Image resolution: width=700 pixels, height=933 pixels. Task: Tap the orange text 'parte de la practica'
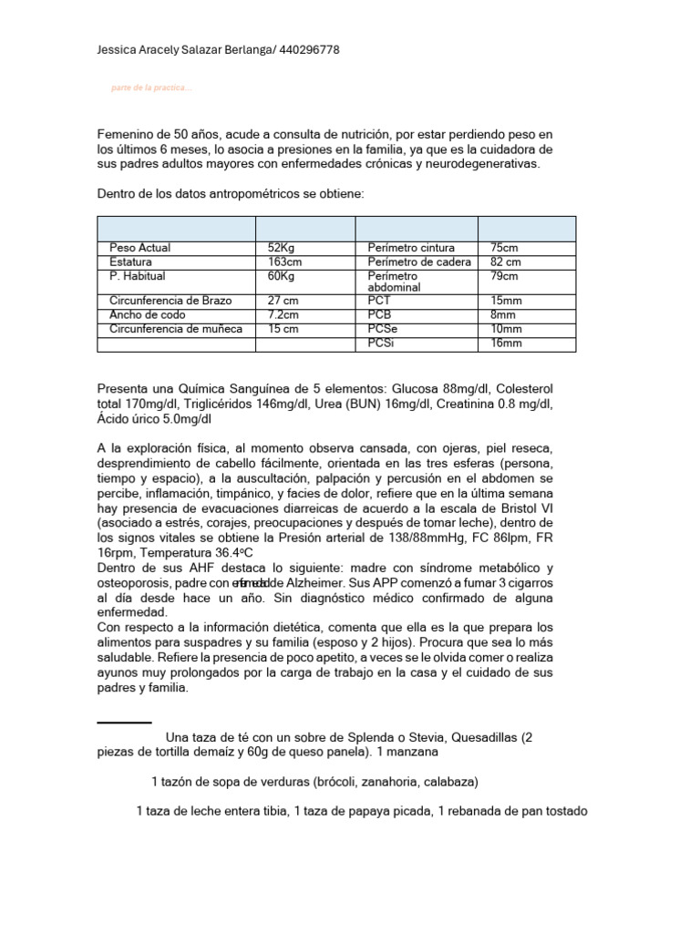point(150,88)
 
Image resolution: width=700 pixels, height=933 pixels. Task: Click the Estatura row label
point(131,261)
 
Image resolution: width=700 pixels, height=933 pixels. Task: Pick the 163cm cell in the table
point(285,261)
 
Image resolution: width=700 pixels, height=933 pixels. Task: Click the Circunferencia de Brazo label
point(170,300)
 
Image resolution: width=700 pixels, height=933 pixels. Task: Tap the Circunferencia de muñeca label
point(176,328)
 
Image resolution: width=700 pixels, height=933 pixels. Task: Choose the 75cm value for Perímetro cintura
point(504,248)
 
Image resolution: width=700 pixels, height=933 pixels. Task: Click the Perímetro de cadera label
point(419,261)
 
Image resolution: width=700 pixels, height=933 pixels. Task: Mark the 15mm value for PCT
point(506,300)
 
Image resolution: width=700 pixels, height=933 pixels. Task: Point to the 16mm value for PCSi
point(506,343)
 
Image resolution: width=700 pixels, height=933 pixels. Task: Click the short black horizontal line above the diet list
point(124,723)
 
